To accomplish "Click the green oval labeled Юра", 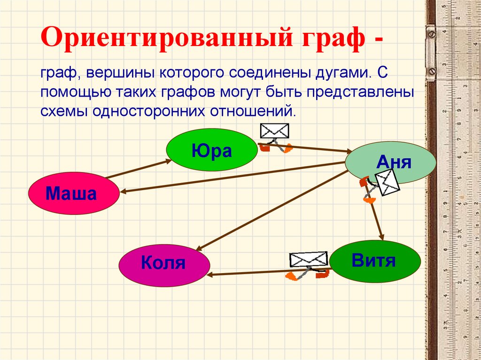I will [x=211, y=150].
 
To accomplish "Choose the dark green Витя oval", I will [x=374, y=261].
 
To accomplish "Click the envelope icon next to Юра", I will [x=274, y=131].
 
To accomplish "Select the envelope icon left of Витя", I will [x=308, y=260].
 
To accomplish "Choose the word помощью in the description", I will [x=70, y=92].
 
